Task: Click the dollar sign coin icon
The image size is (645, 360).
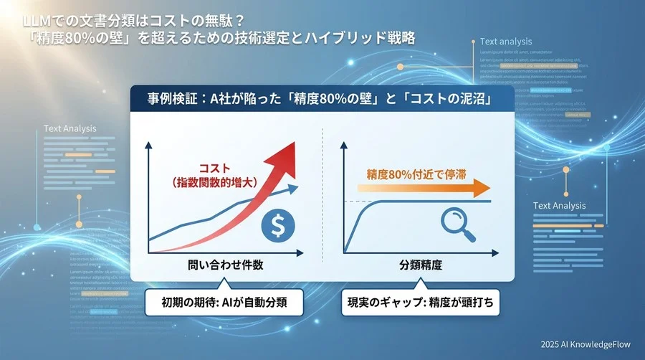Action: click(277, 226)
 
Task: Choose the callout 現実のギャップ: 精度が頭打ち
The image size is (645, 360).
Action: click(419, 302)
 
